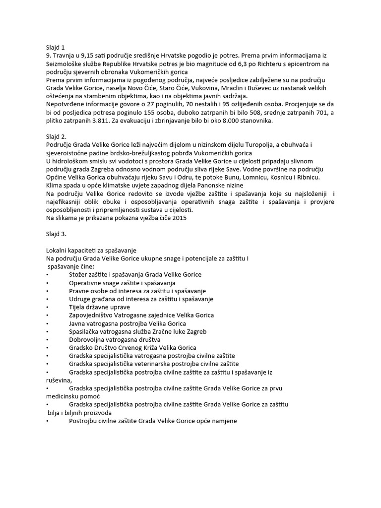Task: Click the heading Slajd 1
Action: coord(55,47)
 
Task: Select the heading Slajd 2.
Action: coord(56,135)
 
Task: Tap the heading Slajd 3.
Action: coord(56,233)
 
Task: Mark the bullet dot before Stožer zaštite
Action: coord(47,275)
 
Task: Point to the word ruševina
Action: coord(58,380)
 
